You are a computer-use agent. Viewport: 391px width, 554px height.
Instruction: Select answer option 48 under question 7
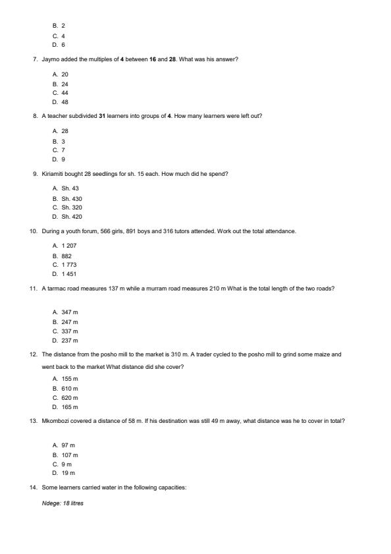coord(65,102)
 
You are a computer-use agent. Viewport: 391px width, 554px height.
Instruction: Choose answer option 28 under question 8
coord(65,131)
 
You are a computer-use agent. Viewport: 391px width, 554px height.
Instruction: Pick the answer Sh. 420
coord(72,217)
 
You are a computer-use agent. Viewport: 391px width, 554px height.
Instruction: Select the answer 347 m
coord(70,312)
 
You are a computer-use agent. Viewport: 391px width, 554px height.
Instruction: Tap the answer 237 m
coord(70,341)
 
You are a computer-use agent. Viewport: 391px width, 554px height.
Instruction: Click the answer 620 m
coord(70,398)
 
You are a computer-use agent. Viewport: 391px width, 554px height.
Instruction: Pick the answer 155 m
coord(70,379)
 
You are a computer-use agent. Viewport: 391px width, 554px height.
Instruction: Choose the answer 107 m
coord(70,455)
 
